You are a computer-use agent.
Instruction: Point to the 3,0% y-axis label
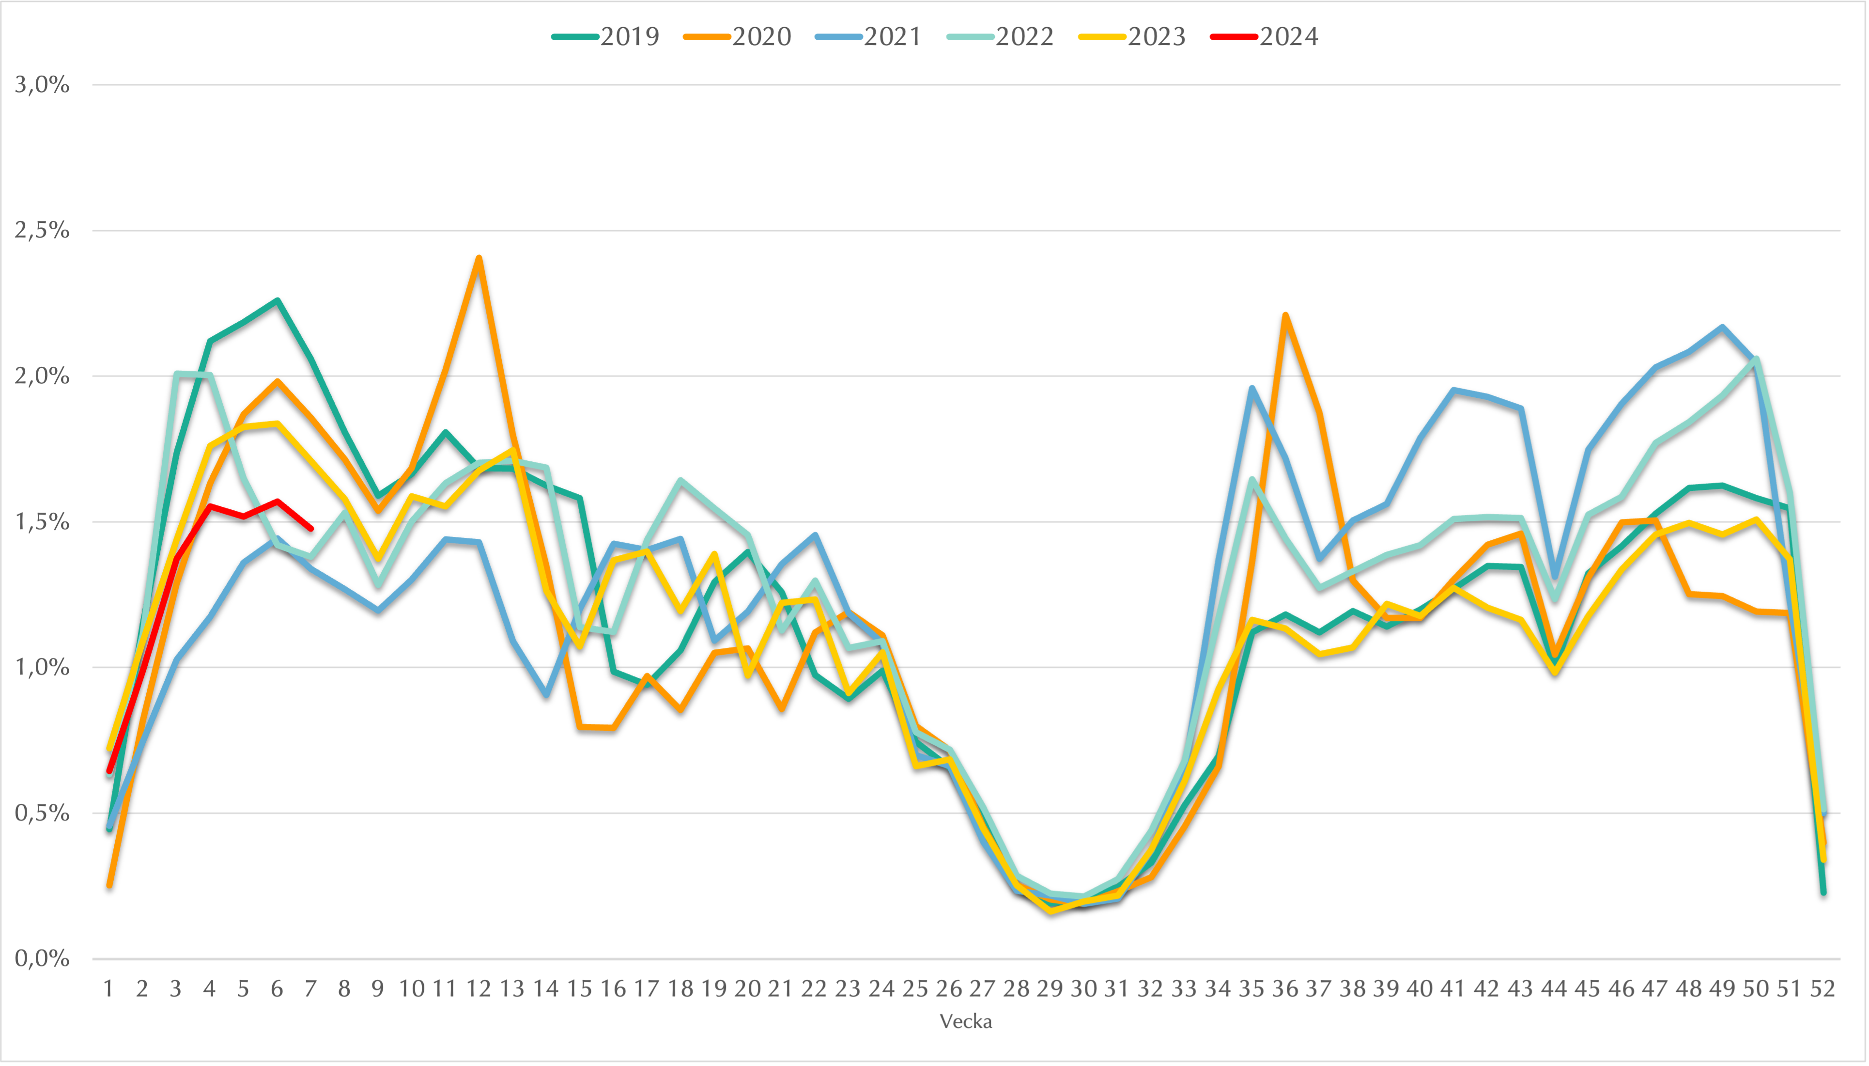43,85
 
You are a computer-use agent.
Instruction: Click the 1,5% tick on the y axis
43,522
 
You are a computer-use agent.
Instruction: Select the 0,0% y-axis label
43,958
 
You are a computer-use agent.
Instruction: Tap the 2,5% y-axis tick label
43,231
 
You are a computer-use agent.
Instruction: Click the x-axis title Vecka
965,1021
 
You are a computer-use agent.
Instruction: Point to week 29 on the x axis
1050,989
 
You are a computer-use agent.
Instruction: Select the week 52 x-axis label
1822,989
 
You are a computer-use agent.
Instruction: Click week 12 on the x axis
479,989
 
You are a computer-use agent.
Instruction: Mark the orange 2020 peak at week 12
479,258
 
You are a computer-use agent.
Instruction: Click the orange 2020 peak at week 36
1285,315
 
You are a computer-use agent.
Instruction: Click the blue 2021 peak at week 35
1252,388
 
